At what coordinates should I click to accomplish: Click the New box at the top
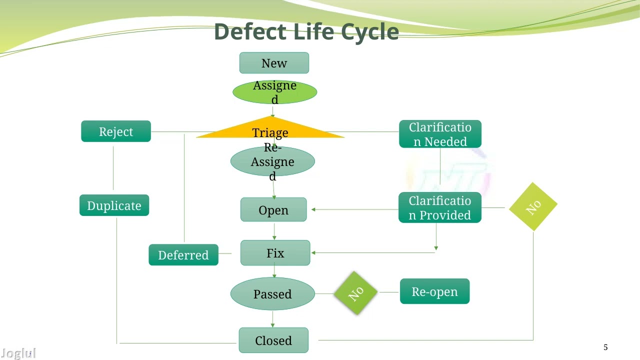(274, 63)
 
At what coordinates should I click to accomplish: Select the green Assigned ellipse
(274, 92)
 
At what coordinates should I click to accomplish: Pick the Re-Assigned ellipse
(272, 161)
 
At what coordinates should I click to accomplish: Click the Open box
(273, 210)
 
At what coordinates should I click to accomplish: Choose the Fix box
(275, 253)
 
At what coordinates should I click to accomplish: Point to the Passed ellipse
(272, 294)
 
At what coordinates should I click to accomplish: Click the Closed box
(273, 340)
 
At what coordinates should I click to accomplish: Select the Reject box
(116, 131)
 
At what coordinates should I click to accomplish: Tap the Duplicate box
(114, 205)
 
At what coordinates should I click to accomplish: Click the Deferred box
(183, 255)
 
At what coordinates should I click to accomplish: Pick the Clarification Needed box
(440, 134)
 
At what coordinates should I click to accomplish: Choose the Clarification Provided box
(440, 207)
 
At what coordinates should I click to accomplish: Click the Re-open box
(434, 291)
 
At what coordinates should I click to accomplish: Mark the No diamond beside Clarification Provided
(533, 206)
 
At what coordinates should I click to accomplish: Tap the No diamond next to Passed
(355, 293)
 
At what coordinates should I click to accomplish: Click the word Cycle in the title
(370, 31)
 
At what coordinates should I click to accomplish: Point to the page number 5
(605, 347)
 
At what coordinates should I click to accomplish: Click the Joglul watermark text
(18, 354)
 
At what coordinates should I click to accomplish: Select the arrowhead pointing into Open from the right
(313, 210)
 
